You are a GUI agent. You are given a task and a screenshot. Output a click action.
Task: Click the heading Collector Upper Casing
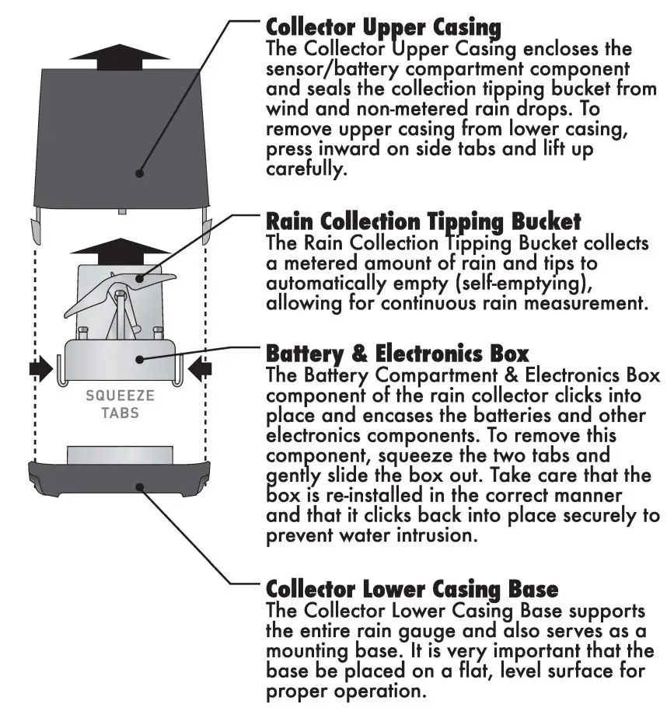(383, 26)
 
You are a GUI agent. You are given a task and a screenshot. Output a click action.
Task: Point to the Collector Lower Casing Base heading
(412, 587)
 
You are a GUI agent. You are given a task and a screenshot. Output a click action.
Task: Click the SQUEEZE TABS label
(120, 404)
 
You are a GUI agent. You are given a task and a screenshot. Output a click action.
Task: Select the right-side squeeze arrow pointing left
(199, 368)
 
